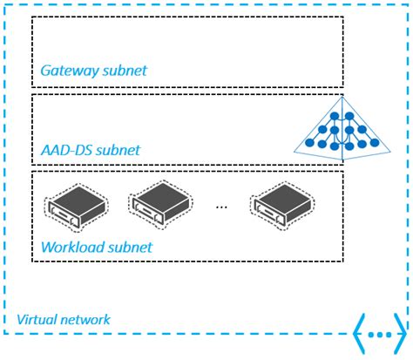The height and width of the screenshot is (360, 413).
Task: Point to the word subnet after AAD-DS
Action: click(x=118, y=150)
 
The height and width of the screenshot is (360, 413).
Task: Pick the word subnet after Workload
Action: click(x=129, y=247)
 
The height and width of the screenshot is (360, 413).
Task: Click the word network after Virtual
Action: click(x=85, y=320)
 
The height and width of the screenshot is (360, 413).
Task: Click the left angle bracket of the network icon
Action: click(x=358, y=334)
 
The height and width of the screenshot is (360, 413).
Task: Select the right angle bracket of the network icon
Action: click(x=402, y=334)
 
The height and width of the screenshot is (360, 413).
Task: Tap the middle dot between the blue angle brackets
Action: click(x=380, y=335)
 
